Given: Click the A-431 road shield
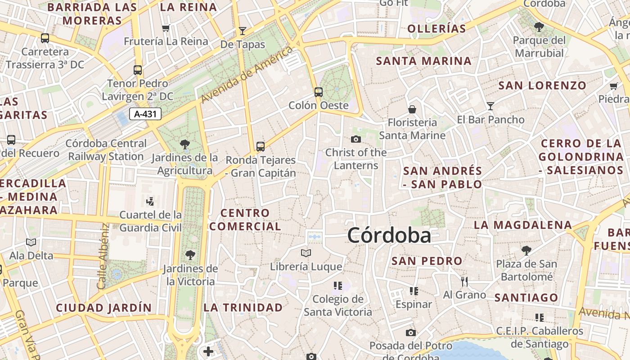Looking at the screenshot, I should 145,114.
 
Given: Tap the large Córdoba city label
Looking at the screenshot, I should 389,235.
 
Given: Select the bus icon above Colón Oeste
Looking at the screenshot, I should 319,92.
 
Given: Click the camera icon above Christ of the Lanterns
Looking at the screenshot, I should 356,139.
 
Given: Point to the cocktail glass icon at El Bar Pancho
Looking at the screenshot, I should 490,106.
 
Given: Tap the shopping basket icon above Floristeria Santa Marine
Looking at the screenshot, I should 412,109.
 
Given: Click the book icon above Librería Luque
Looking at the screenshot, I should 306,253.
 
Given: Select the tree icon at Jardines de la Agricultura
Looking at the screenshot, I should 184,144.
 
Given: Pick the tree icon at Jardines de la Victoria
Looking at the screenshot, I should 190,255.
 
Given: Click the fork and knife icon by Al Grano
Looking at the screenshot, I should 464,282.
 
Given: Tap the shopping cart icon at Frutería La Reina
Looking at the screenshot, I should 166,28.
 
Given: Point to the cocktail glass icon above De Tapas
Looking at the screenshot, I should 243,31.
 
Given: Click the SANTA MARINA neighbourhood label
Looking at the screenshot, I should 423,61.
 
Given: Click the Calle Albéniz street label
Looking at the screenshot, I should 103,256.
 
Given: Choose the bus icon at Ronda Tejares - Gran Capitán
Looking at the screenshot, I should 261,146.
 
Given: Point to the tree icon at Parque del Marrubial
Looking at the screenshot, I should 539,27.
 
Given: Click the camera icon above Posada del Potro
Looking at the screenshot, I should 410,333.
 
